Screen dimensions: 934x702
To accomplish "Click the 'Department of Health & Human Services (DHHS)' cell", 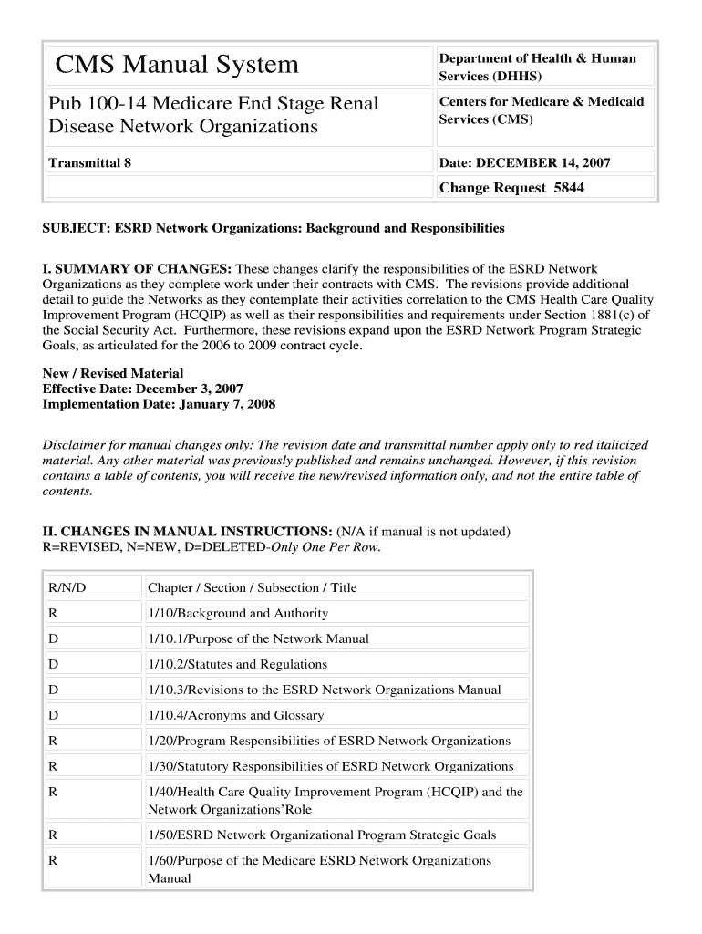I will [x=537, y=67].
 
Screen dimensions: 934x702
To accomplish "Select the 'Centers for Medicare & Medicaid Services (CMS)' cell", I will [x=541, y=110].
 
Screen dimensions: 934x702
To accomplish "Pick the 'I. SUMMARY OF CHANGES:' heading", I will [x=138, y=269].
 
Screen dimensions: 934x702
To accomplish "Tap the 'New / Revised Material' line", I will [x=113, y=373].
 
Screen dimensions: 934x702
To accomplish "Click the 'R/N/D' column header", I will [x=67, y=588].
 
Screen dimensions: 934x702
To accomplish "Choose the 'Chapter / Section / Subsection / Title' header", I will [x=253, y=588].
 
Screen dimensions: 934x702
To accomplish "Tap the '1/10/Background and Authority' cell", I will [x=238, y=614].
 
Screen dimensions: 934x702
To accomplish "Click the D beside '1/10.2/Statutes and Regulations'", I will [x=54, y=665].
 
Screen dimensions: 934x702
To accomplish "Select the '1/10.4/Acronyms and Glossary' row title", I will [x=235, y=716].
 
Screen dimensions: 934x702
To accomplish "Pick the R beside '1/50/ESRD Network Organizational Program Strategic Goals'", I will [x=54, y=835].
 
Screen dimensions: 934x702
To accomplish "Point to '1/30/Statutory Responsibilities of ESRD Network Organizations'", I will [x=330, y=767].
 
